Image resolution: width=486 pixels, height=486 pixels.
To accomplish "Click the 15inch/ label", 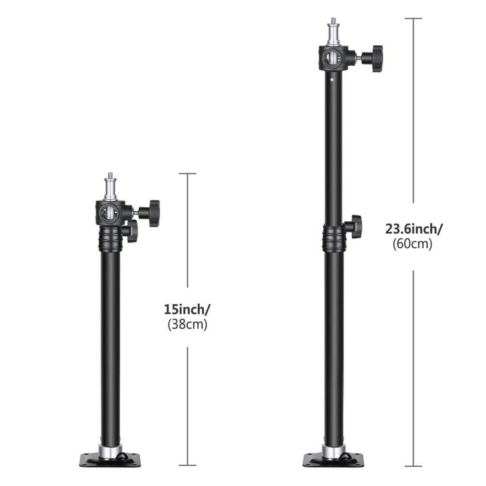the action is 187,309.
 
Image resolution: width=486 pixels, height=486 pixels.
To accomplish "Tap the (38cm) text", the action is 187,325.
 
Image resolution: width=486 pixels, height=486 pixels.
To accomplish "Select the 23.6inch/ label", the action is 414,229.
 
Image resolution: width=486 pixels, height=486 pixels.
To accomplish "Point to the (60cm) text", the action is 412,244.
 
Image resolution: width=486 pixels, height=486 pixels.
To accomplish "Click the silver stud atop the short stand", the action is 110,187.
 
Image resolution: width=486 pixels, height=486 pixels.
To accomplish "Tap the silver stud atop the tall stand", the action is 334,32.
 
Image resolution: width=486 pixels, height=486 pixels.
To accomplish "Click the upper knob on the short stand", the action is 149,213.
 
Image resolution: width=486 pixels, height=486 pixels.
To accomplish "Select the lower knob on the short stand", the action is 130,231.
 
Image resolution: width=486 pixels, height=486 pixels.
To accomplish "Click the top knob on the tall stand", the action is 372,58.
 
